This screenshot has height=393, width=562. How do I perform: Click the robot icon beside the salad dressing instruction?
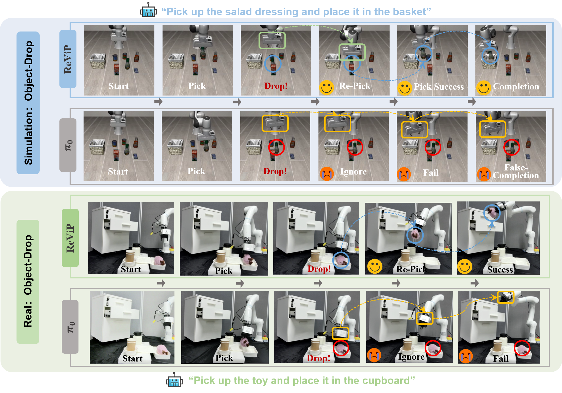click(x=148, y=10)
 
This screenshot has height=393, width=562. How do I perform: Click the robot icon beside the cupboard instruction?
click(x=174, y=380)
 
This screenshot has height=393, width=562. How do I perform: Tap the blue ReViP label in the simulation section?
click(x=68, y=59)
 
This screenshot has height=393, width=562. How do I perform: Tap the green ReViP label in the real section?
click(x=70, y=238)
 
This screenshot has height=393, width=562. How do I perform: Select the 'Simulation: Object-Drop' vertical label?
click(x=28, y=103)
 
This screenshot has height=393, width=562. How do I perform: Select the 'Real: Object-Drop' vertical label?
click(x=28, y=281)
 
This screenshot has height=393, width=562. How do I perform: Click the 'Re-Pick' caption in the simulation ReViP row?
click(x=355, y=86)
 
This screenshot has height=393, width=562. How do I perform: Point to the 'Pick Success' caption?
click(x=439, y=87)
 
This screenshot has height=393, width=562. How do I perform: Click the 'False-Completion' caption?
click(x=516, y=171)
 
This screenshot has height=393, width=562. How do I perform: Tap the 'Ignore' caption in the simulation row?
click(x=353, y=172)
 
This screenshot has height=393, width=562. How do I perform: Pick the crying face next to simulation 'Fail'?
click(x=404, y=174)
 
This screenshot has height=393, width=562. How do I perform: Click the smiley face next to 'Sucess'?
click(x=465, y=266)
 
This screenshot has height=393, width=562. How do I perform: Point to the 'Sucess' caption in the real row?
click(x=500, y=270)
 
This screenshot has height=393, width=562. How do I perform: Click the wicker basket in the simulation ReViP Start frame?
click(x=98, y=61)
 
